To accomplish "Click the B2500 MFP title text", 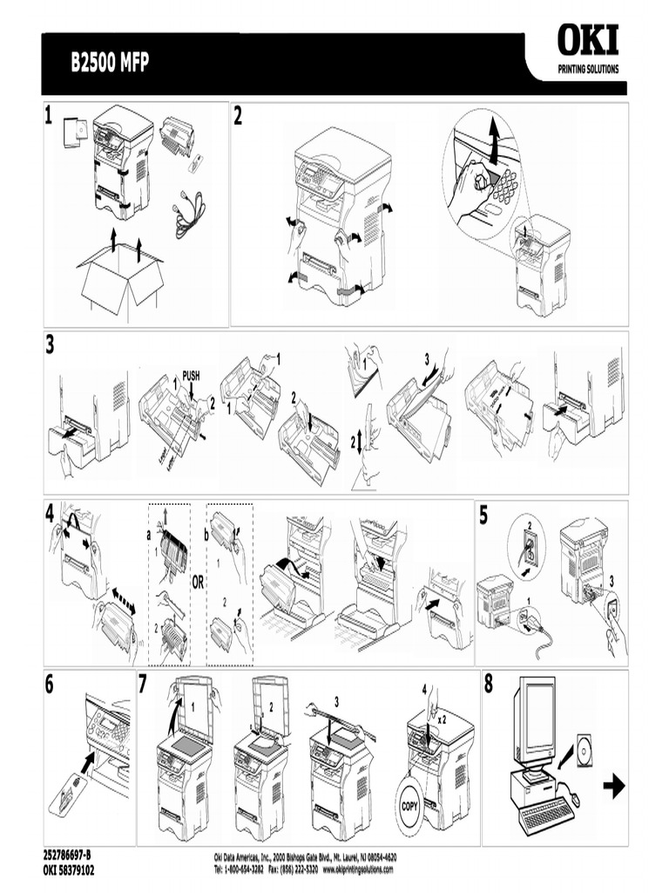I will click(x=109, y=64).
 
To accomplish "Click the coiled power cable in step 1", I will click(x=190, y=214).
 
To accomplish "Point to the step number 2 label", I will click(x=238, y=119).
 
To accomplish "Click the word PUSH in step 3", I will click(x=192, y=376).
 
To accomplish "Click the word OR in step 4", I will click(x=198, y=583).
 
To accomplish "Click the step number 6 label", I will click(x=51, y=685).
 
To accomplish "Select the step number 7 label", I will click(x=145, y=685).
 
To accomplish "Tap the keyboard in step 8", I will click(x=546, y=815).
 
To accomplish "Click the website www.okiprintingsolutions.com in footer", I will click(x=357, y=869).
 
